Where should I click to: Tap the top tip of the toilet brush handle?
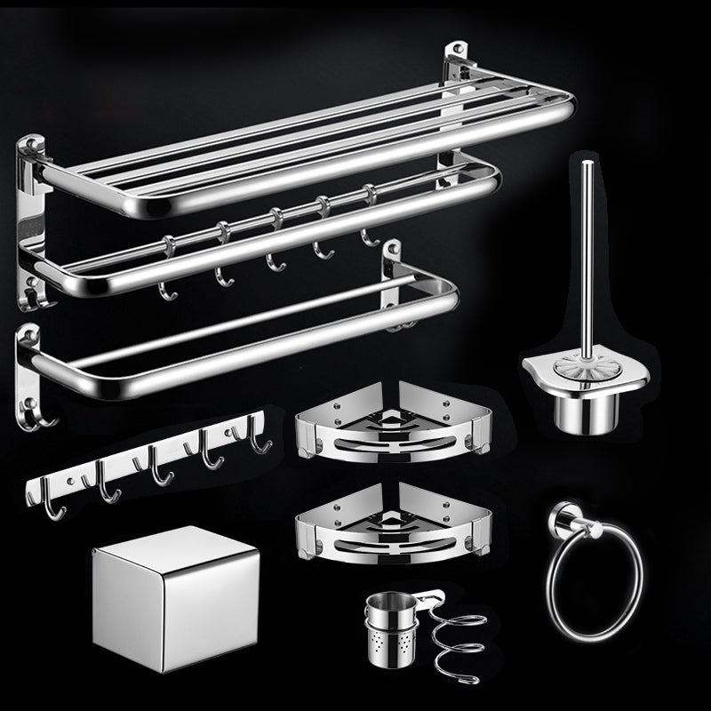tap(586, 164)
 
